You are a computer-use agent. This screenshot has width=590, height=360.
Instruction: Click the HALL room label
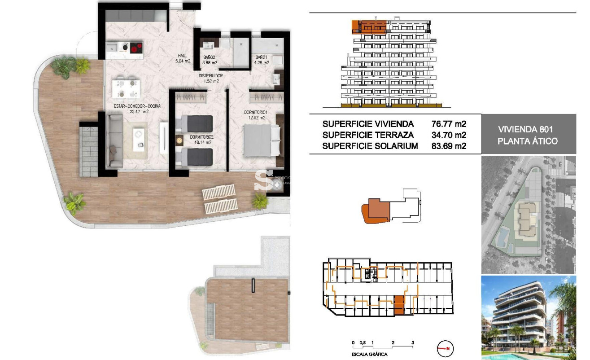[182, 56]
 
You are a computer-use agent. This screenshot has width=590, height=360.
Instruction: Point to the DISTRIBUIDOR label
[210, 76]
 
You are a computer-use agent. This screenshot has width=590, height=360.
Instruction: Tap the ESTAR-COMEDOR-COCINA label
[131, 106]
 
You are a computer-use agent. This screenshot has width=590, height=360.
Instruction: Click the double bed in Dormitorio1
[262, 140]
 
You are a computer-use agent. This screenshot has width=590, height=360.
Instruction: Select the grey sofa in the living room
[115, 140]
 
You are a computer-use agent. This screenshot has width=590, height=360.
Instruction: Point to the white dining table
[125, 87]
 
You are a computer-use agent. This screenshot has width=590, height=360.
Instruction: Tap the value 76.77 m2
[446, 124]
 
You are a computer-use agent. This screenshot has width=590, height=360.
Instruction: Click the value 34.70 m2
[446, 135]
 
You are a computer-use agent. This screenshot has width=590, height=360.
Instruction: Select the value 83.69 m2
[446, 146]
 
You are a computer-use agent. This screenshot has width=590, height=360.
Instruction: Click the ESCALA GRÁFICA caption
[370, 354]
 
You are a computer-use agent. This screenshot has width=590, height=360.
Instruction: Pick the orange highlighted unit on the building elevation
[369, 26]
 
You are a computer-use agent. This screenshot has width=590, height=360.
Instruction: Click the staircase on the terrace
[88, 151]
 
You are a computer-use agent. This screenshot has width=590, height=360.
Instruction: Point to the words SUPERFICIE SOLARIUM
[370, 146]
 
